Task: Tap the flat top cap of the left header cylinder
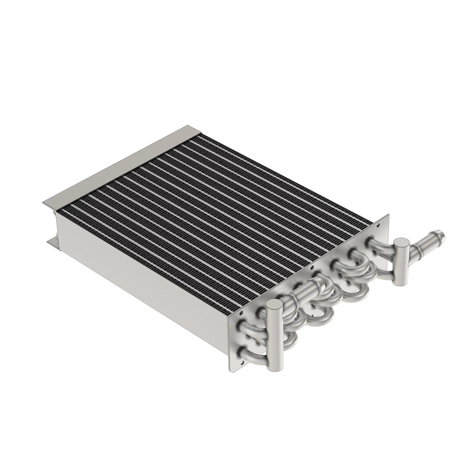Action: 274,305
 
